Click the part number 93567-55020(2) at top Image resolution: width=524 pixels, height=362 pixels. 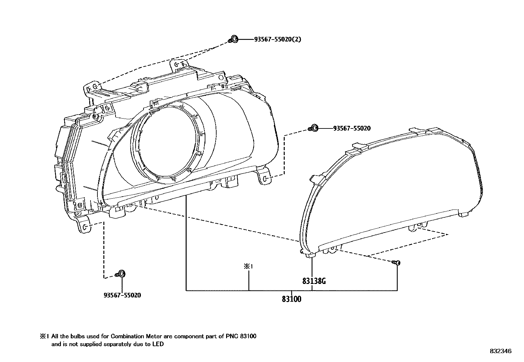click(x=277, y=40)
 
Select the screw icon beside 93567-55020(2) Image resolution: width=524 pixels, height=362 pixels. click(x=233, y=39)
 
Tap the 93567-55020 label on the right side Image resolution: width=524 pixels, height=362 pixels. click(x=352, y=128)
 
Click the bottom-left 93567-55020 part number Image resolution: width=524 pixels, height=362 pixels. click(x=122, y=295)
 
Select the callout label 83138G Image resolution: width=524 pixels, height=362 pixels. click(x=314, y=281)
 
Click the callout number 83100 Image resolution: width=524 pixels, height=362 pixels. click(x=291, y=299)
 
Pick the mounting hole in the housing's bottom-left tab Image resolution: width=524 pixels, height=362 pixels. click(x=85, y=227)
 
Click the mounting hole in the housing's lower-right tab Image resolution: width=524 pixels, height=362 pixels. click(x=266, y=179)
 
